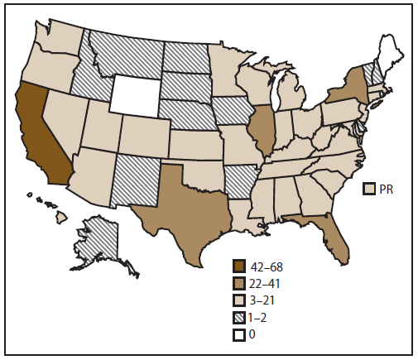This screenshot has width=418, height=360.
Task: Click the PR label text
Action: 385,190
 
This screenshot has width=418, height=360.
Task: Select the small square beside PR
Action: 370,190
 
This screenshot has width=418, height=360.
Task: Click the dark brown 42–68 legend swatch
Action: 239,266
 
